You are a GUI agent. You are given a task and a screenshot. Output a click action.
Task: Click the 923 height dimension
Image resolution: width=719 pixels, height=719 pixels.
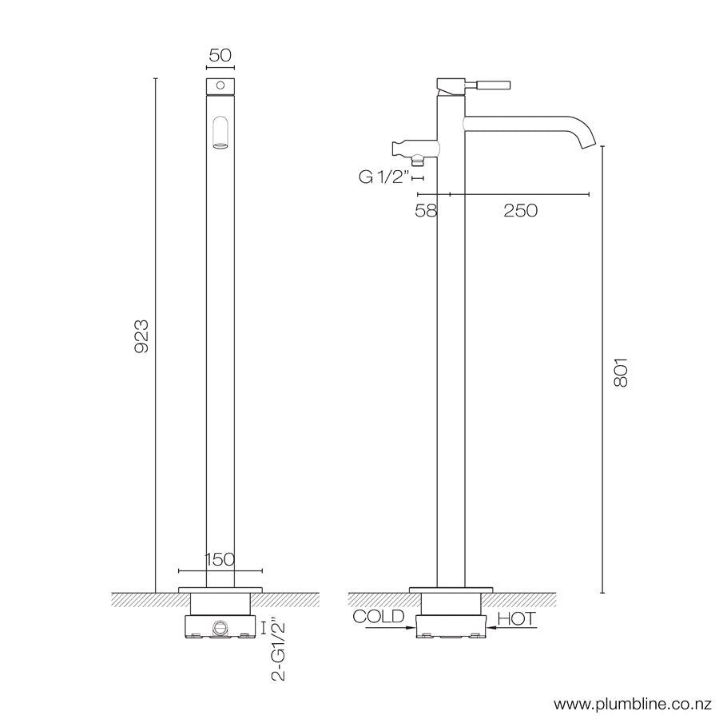click(141, 336)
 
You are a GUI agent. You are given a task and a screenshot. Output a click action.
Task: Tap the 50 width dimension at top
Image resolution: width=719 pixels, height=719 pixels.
click(220, 56)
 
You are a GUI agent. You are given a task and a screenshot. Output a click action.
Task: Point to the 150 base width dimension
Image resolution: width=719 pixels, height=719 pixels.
click(220, 559)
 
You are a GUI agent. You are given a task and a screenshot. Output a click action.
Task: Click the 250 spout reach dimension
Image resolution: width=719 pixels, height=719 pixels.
click(519, 210)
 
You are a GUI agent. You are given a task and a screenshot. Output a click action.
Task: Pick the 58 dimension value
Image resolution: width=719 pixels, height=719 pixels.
click(426, 210)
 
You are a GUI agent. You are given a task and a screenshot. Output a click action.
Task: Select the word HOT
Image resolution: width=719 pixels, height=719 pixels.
click(516, 618)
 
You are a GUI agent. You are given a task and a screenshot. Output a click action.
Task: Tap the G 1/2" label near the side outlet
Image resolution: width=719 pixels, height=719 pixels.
click(383, 177)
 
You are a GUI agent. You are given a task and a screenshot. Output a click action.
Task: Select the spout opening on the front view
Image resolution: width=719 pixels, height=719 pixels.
click(220, 132)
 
